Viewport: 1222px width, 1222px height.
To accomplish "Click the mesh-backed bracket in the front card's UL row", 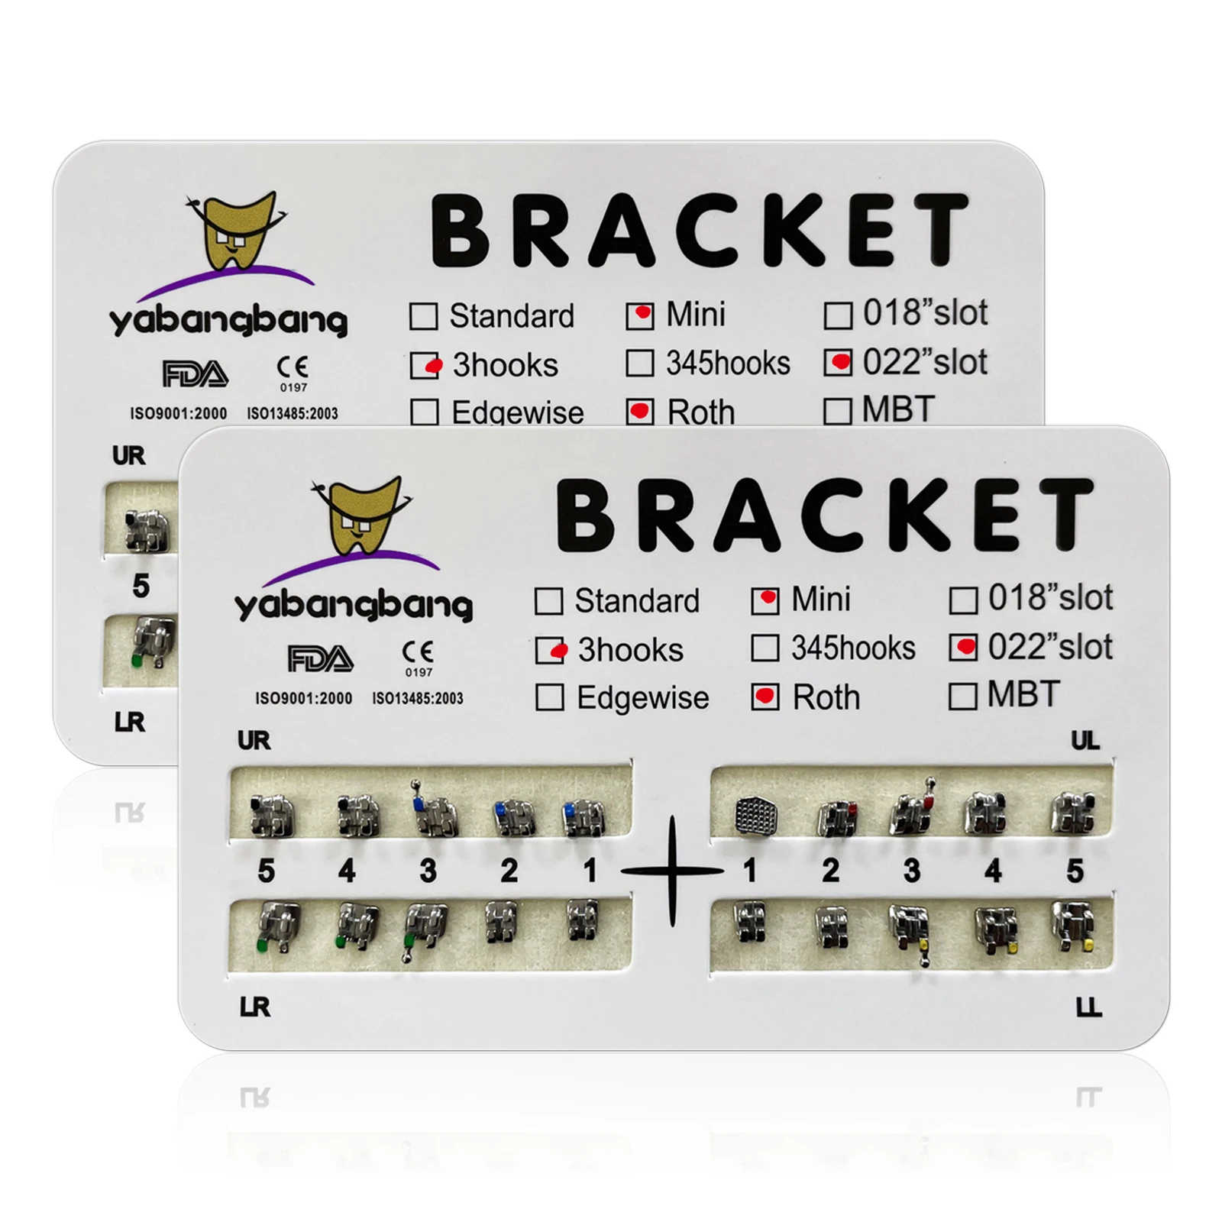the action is (x=755, y=816).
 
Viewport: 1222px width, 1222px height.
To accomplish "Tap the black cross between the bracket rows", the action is (x=672, y=871).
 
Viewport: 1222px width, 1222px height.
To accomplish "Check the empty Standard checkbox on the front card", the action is (x=549, y=601).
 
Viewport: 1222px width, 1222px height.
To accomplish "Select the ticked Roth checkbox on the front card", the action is (x=765, y=697).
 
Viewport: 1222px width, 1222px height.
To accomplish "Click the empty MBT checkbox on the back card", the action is (x=838, y=411).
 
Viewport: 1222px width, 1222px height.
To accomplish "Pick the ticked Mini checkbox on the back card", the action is (x=639, y=315).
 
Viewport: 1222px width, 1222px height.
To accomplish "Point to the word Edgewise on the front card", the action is (x=642, y=698).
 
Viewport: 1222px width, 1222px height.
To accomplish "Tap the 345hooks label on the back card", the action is (x=728, y=364).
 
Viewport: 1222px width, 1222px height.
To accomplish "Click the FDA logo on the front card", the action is (x=320, y=658).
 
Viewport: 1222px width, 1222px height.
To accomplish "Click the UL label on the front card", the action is (x=1085, y=740).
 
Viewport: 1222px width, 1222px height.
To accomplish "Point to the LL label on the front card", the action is (x=1088, y=1008).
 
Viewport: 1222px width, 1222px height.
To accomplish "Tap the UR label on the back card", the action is (x=128, y=456).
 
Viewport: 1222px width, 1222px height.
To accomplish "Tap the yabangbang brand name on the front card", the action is (x=354, y=606).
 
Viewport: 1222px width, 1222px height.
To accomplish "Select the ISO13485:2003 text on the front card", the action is (x=417, y=698).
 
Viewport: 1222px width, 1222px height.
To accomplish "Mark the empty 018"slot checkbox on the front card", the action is (x=963, y=600).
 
